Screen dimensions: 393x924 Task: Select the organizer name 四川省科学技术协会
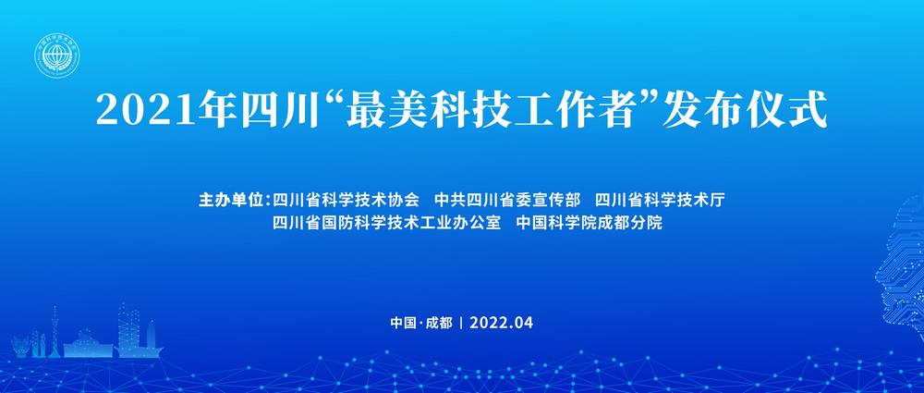pos(346,199)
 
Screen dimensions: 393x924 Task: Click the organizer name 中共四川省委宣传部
pos(508,199)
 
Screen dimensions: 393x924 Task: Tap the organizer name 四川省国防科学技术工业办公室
pos(387,224)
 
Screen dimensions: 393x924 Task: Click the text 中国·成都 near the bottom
pos(421,323)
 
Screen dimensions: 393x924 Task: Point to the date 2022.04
pos(502,323)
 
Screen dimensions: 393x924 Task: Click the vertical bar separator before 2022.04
pos(461,323)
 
